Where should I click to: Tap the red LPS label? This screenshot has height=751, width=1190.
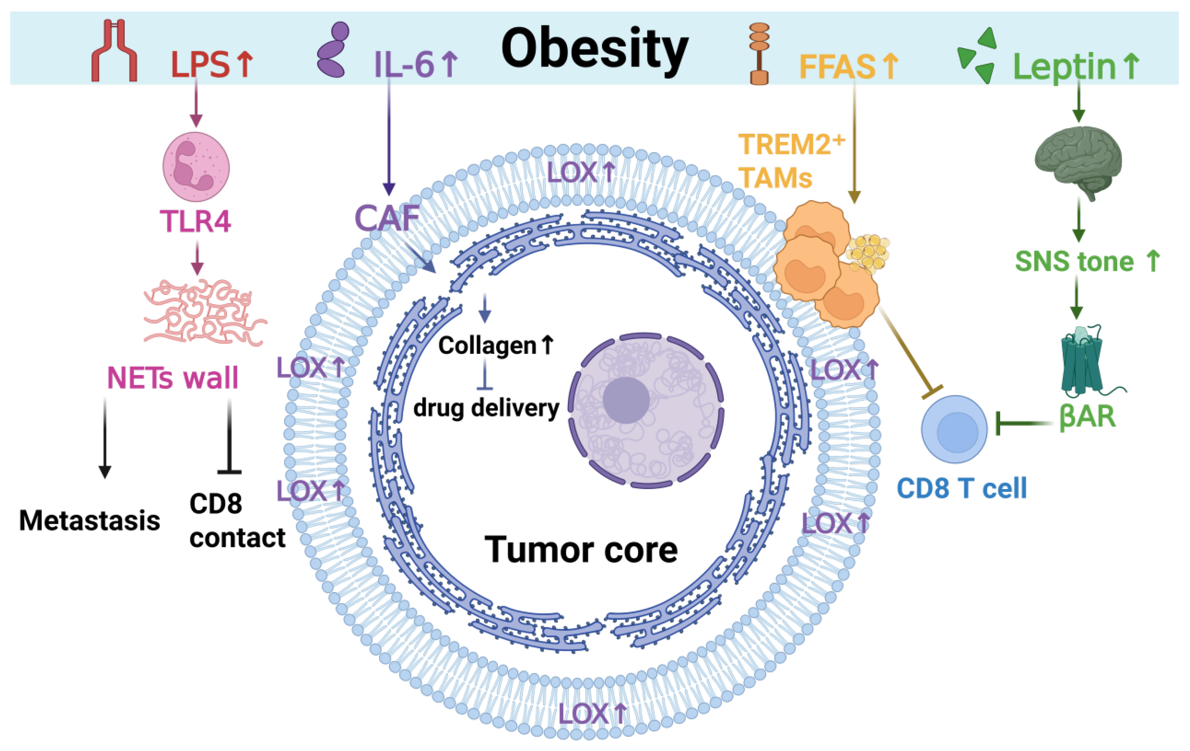coord(200,64)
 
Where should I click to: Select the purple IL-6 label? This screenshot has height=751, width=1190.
coord(404,64)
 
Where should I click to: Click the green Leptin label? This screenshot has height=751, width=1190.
coord(1065,66)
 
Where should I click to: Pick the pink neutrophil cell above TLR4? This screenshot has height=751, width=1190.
coord(196,166)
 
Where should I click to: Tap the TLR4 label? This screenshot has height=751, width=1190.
coord(195,221)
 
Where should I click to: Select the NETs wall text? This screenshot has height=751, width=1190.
coord(172,378)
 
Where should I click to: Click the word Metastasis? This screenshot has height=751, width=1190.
coord(90,520)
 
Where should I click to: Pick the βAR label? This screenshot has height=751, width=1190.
coord(1087,416)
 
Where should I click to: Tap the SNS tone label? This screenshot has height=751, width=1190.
coord(1074,261)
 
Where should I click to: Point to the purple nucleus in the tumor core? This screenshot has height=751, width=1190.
coord(646,410)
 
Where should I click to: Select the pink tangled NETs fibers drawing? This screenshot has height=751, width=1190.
coord(204,311)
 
